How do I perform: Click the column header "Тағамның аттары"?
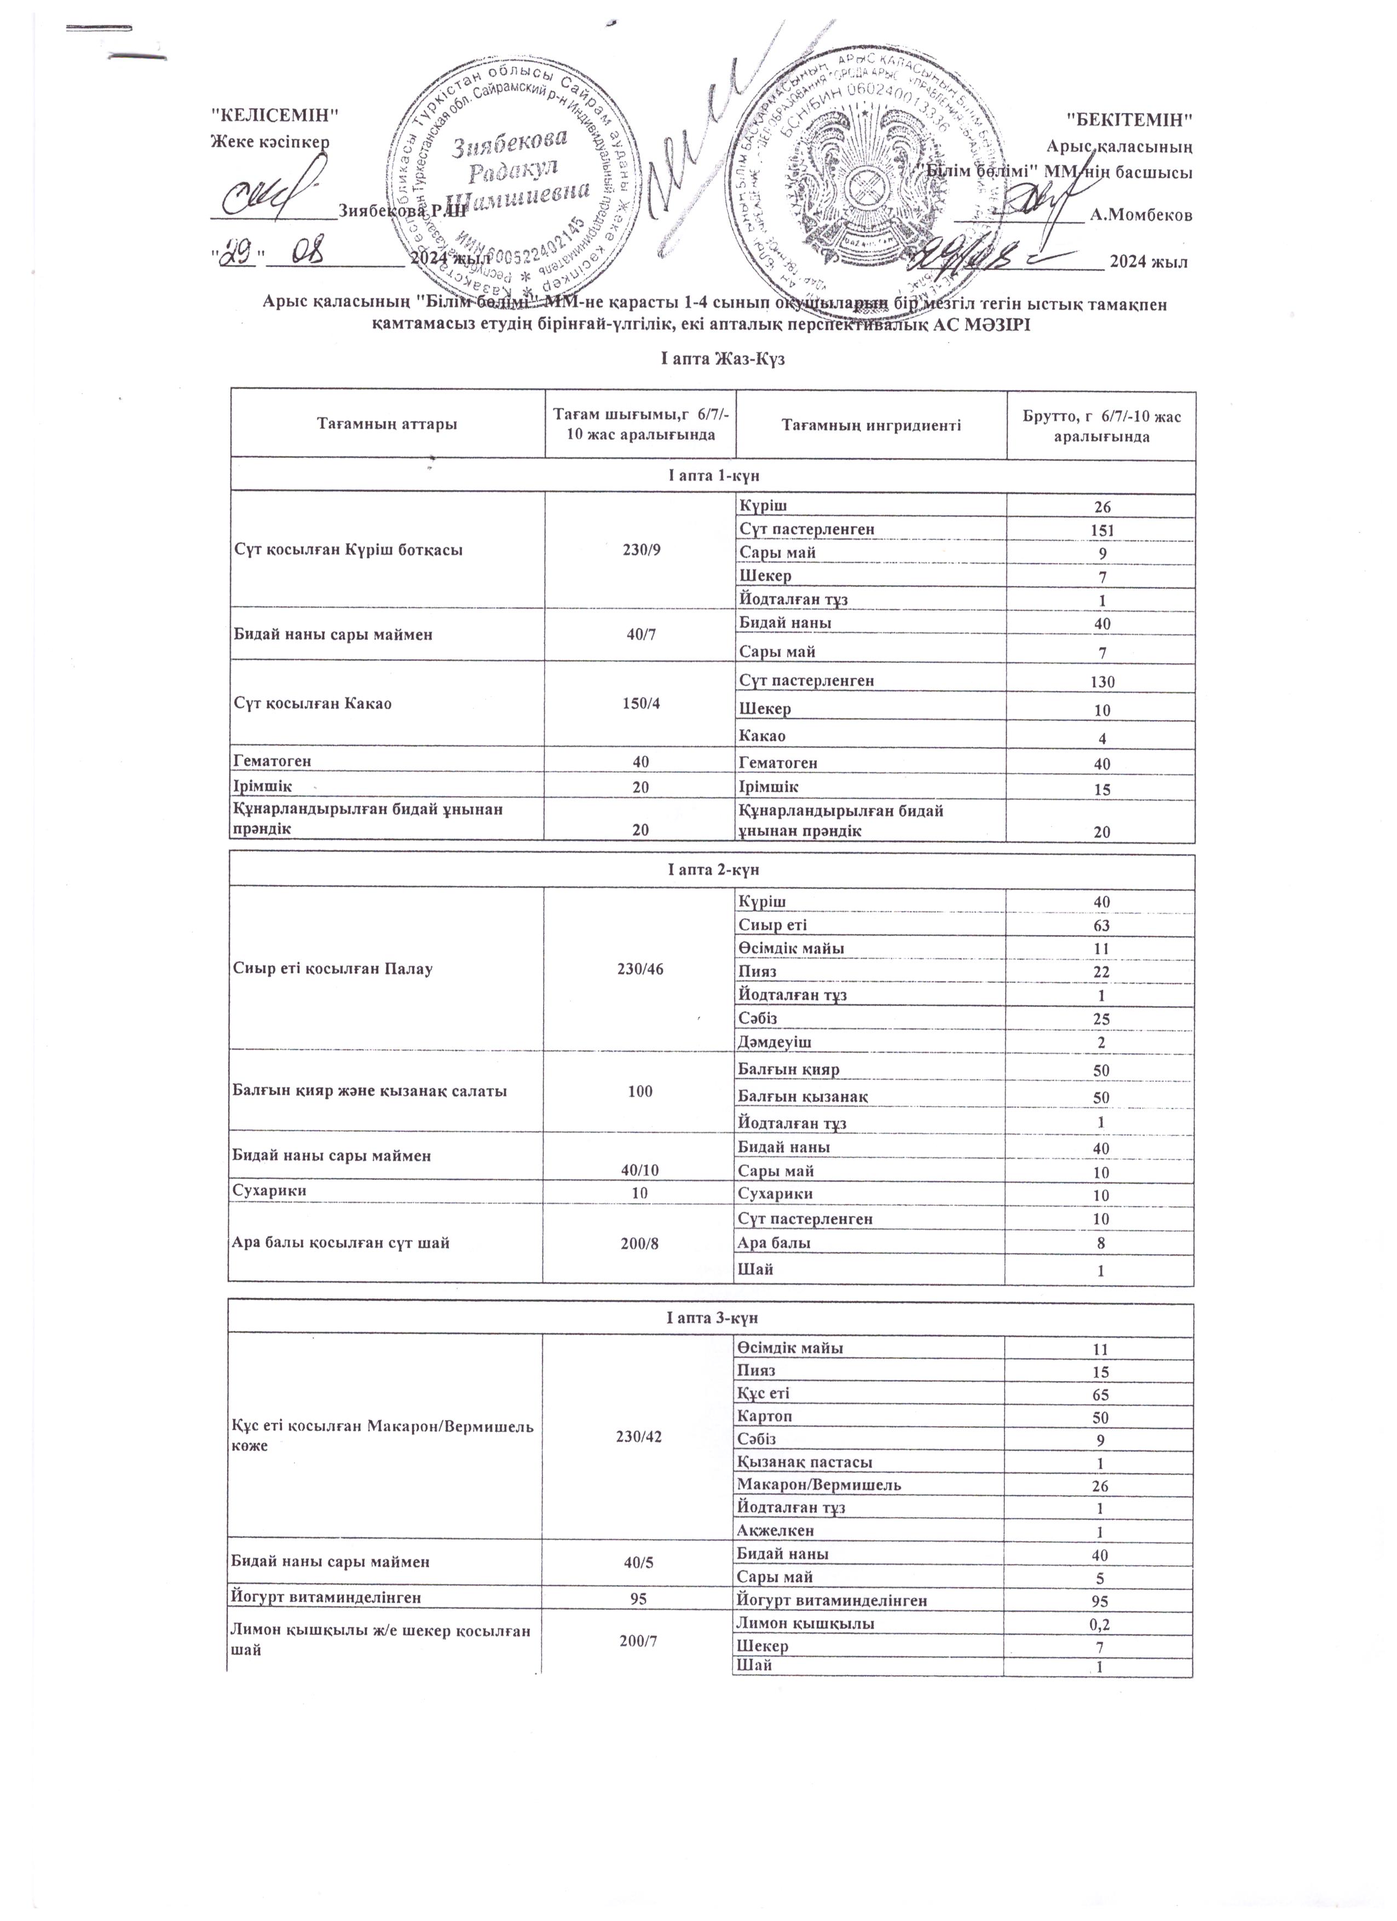click(387, 424)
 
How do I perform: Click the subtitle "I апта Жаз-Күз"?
click(712, 359)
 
